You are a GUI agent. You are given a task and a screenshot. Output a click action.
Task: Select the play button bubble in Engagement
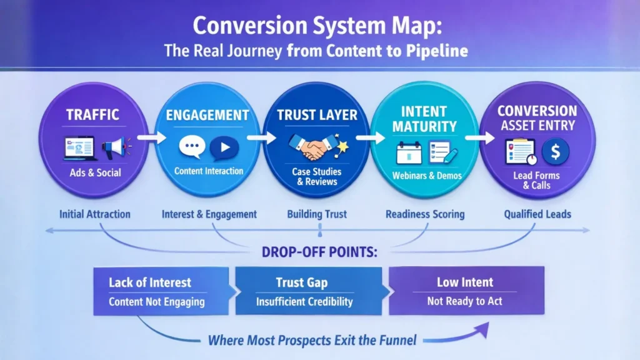click(x=223, y=148)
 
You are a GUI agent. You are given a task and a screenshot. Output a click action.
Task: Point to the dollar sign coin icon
click(x=553, y=151)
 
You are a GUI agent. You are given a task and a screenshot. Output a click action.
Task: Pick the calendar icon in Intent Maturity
click(x=408, y=152)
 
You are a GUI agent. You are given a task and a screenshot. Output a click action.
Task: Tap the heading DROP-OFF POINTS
click(x=319, y=252)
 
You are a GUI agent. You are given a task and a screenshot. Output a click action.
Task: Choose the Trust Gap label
click(x=302, y=282)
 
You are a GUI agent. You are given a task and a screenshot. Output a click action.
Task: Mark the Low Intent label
click(x=465, y=282)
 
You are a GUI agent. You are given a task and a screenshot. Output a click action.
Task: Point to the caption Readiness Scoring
click(x=425, y=214)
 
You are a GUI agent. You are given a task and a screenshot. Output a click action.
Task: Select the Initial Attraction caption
click(x=95, y=214)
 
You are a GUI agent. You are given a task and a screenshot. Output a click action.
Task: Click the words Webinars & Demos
click(x=427, y=176)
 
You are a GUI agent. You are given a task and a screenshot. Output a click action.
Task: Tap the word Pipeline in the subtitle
click(x=437, y=51)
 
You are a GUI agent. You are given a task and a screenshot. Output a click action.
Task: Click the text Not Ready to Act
click(x=465, y=301)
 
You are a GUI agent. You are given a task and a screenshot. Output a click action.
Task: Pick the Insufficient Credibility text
click(x=304, y=302)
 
